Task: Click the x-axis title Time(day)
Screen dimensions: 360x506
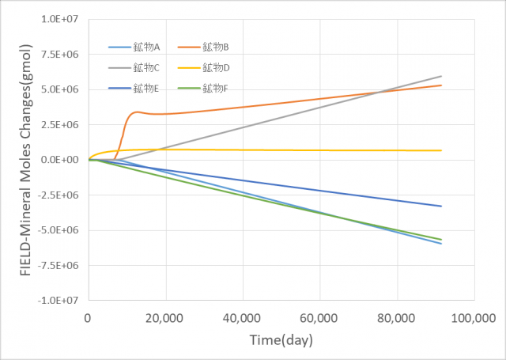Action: (280, 341)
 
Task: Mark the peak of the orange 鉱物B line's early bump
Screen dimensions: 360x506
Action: (138, 112)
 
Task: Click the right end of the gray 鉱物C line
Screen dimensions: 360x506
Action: (441, 76)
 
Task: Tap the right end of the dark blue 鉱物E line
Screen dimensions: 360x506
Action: (441, 207)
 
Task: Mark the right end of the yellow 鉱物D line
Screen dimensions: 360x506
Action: (441, 150)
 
